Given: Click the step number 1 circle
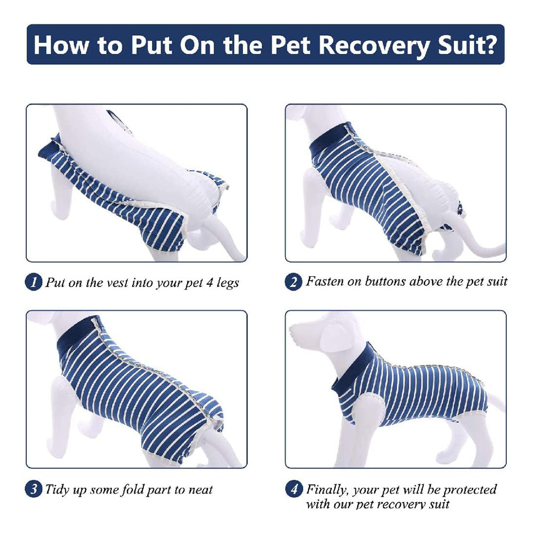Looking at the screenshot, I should coord(34,282).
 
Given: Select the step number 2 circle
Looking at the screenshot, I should coord(293,282).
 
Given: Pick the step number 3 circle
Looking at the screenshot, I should coord(34,489).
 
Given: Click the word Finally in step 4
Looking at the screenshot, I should coord(329,489).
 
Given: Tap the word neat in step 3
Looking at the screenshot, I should coord(199,489).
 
